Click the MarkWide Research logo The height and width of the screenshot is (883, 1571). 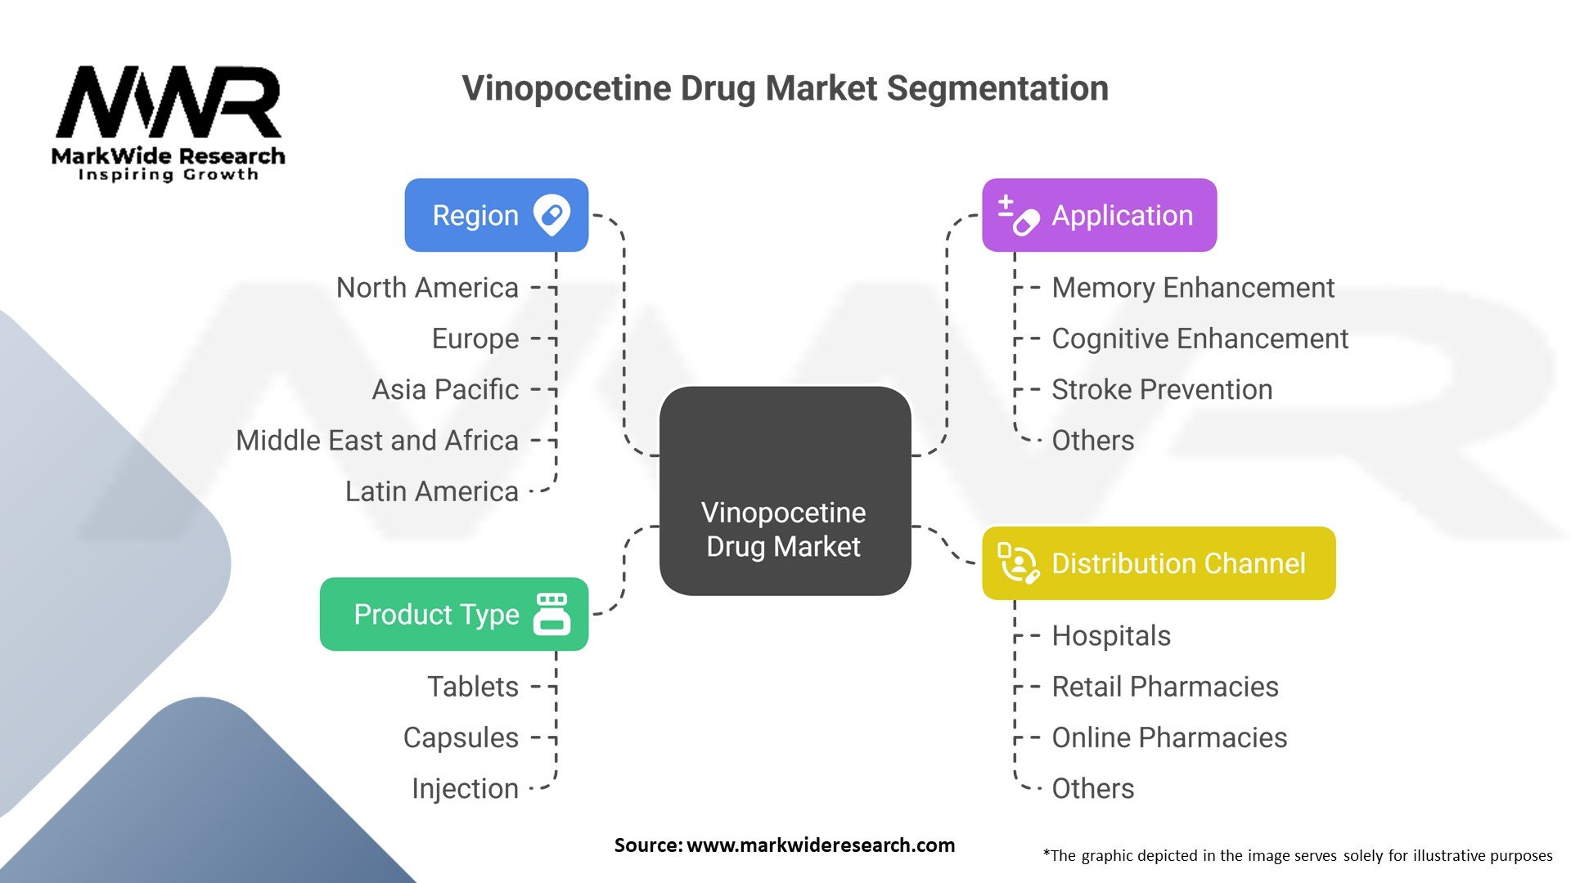click(169, 123)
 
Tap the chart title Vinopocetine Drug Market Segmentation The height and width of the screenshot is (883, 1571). click(785, 88)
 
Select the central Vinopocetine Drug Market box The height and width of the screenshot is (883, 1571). click(785, 491)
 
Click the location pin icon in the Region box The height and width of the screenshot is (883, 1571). click(551, 215)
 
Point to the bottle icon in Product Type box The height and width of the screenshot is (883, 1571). click(551, 614)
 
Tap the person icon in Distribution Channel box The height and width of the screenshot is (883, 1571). click(1019, 563)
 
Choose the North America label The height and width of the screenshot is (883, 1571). click(427, 288)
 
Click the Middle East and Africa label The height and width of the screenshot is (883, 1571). click(377, 441)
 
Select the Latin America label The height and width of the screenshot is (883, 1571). click(432, 491)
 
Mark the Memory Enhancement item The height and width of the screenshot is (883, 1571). click(1192, 288)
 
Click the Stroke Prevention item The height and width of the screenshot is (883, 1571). click(1162, 390)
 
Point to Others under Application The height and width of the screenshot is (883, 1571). click(1092, 441)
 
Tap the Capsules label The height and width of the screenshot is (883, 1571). click(461, 737)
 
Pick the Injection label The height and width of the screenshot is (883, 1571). click(465, 789)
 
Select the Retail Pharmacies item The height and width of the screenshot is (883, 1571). click(1164, 687)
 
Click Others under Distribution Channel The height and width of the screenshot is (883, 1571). click(1092, 789)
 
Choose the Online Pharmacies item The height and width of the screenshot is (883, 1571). click(1169, 737)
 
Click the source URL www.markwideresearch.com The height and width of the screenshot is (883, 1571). click(820, 845)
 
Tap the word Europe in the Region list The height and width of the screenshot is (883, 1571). click(475, 338)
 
